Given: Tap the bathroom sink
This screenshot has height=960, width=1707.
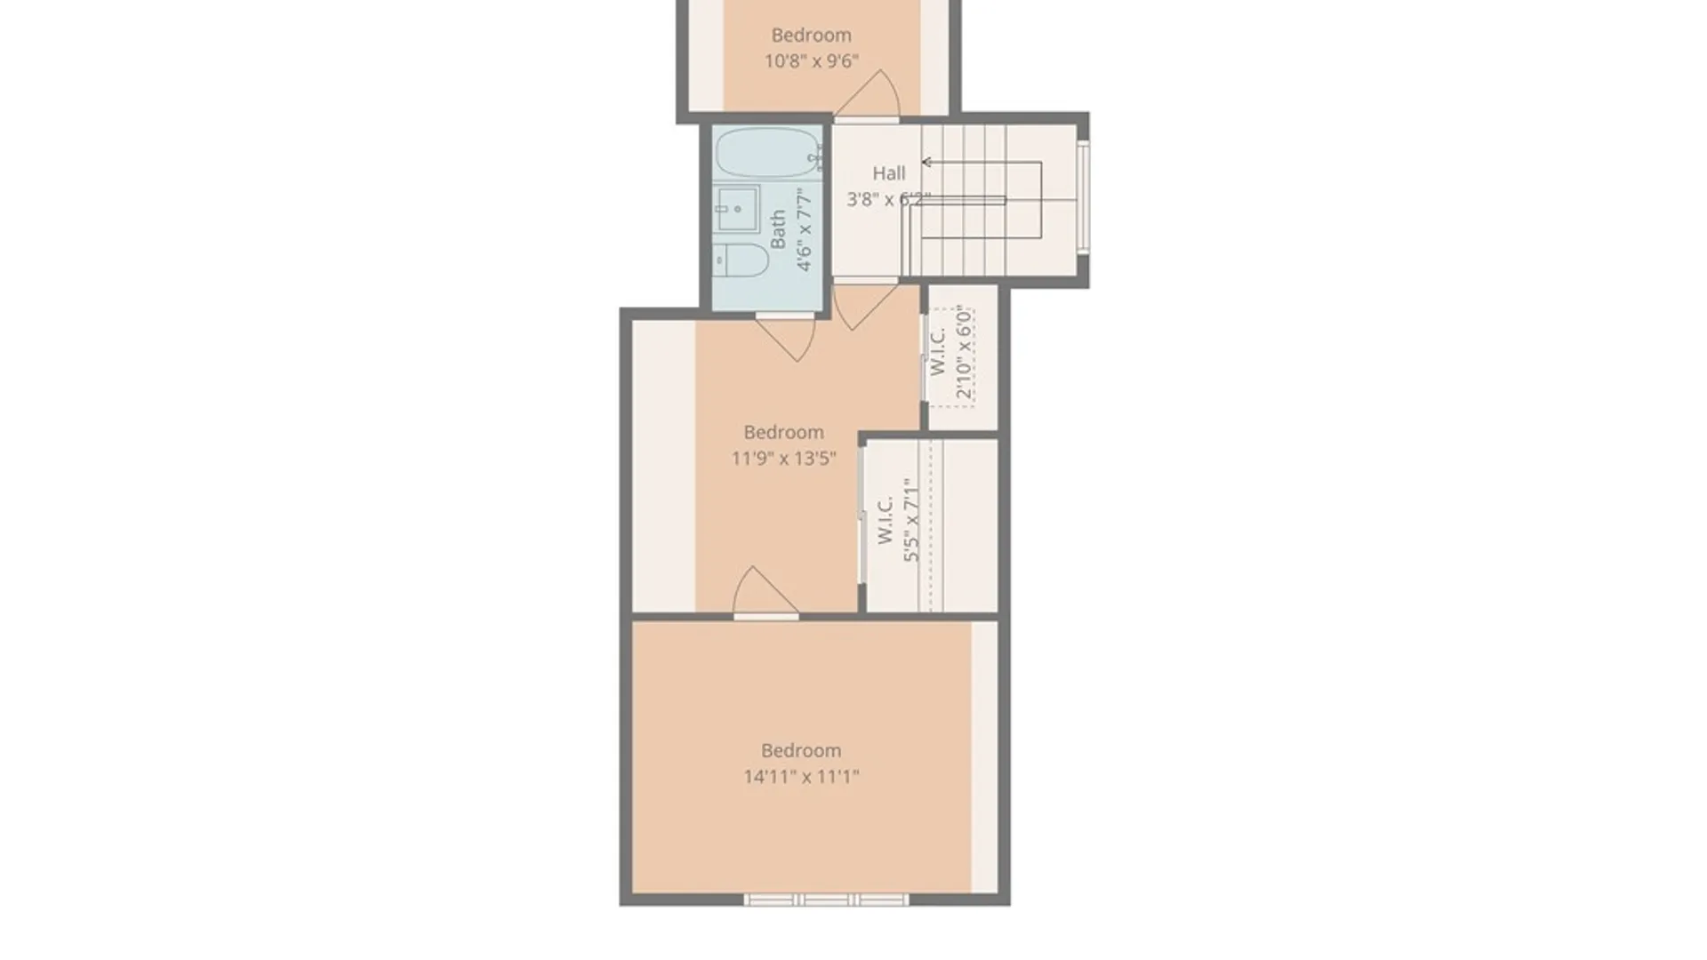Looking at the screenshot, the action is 737,209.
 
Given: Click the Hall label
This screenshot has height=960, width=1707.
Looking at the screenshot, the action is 888,173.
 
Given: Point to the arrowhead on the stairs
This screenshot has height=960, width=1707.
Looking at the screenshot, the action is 926,162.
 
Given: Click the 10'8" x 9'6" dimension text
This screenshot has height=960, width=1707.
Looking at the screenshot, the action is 811,61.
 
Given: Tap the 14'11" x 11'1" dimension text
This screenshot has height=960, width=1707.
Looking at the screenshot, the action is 801,777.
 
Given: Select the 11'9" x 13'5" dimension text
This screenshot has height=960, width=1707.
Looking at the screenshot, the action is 783,459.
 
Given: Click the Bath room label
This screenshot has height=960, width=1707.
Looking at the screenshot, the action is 778,229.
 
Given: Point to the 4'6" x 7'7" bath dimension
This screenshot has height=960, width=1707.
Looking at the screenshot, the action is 804,229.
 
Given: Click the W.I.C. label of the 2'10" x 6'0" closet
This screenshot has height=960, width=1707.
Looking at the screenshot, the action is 937,351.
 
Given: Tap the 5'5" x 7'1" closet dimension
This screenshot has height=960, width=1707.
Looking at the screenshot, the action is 910,520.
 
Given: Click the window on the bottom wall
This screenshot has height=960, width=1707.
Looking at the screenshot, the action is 826,900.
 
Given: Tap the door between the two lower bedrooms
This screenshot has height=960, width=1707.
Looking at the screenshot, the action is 765,592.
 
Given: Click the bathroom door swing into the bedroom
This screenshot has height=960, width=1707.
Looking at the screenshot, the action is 785,337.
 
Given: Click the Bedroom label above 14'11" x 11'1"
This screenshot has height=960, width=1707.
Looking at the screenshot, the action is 801,750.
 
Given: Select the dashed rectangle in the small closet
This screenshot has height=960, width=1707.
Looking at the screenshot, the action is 952,357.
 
